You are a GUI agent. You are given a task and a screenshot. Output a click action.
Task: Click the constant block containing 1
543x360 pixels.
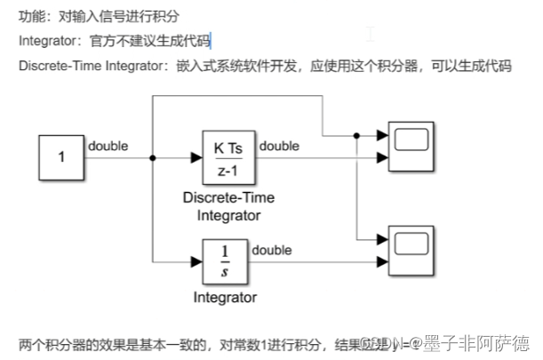point(61,157)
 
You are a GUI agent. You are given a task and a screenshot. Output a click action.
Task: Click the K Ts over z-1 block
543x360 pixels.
point(228,157)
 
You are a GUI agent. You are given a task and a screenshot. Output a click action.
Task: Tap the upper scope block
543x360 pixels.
point(411,147)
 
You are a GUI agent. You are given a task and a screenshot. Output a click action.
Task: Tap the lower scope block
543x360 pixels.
point(411,251)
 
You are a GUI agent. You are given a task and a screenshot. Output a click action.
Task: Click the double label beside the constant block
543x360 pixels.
point(108,146)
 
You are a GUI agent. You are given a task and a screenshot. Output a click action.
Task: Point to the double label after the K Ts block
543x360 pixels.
point(279,146)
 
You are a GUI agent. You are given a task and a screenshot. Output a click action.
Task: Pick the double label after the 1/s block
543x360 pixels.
point(271,250)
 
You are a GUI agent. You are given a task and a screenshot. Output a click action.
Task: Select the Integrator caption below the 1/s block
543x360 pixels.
point(225,297)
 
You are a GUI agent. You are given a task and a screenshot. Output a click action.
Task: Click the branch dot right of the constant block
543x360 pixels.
point(153,158)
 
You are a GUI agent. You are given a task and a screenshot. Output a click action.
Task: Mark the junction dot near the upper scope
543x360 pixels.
point(356,136)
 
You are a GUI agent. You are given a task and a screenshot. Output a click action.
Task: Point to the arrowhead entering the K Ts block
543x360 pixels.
point(196,158)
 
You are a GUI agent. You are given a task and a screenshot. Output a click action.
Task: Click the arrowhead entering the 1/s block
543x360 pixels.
point(196,261)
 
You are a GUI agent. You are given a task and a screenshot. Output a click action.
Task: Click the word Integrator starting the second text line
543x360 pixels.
point(48,41)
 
